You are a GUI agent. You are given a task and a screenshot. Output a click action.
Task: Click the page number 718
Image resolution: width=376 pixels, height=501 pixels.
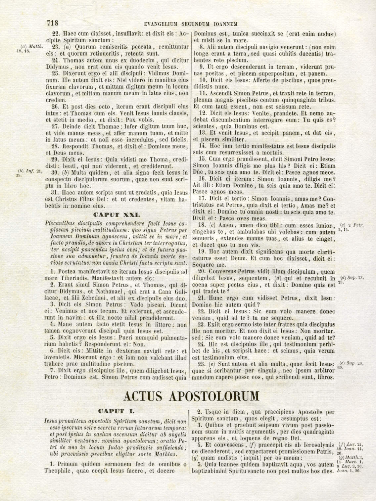53,23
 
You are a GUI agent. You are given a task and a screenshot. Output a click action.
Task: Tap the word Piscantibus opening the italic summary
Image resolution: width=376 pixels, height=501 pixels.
60,224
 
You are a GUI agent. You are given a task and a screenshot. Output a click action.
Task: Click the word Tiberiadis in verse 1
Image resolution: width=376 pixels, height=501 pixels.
73,278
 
